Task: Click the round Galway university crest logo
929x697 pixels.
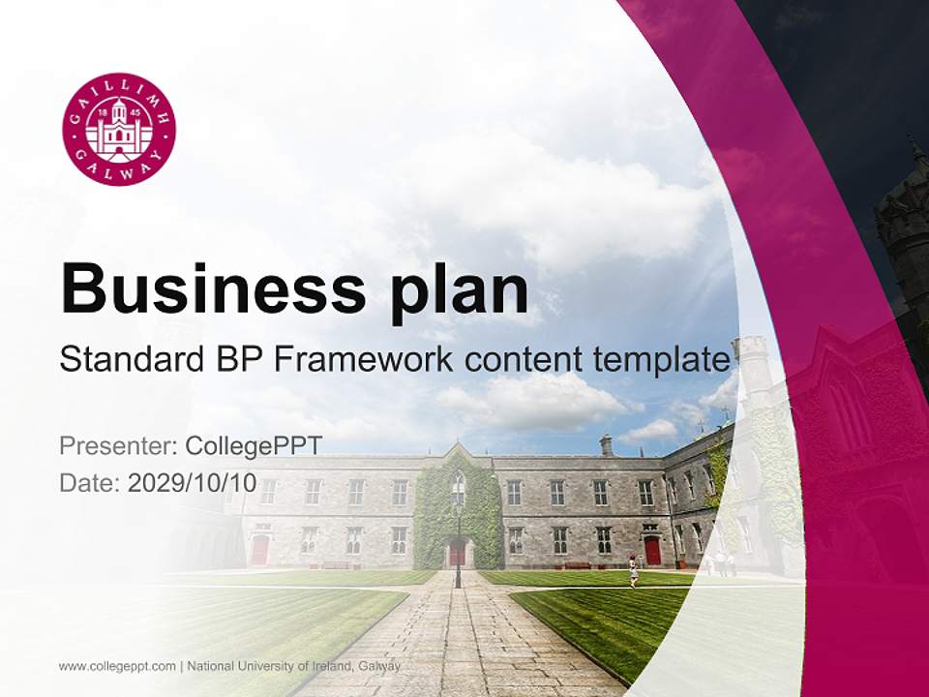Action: click(119, 129)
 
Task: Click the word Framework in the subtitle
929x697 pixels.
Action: click(363, 358)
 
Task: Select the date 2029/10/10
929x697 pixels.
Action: click(192, 482)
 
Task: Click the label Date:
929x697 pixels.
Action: click(90, 482)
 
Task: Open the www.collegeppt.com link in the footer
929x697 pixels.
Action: click(117, 666)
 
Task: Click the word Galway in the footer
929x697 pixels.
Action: click(378, 666)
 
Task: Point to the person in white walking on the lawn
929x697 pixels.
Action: click(633, 571)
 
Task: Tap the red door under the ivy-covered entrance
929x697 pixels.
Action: click(457, 553)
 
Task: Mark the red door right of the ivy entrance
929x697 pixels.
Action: click(652, 551)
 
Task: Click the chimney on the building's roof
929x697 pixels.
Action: click(606, 444)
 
